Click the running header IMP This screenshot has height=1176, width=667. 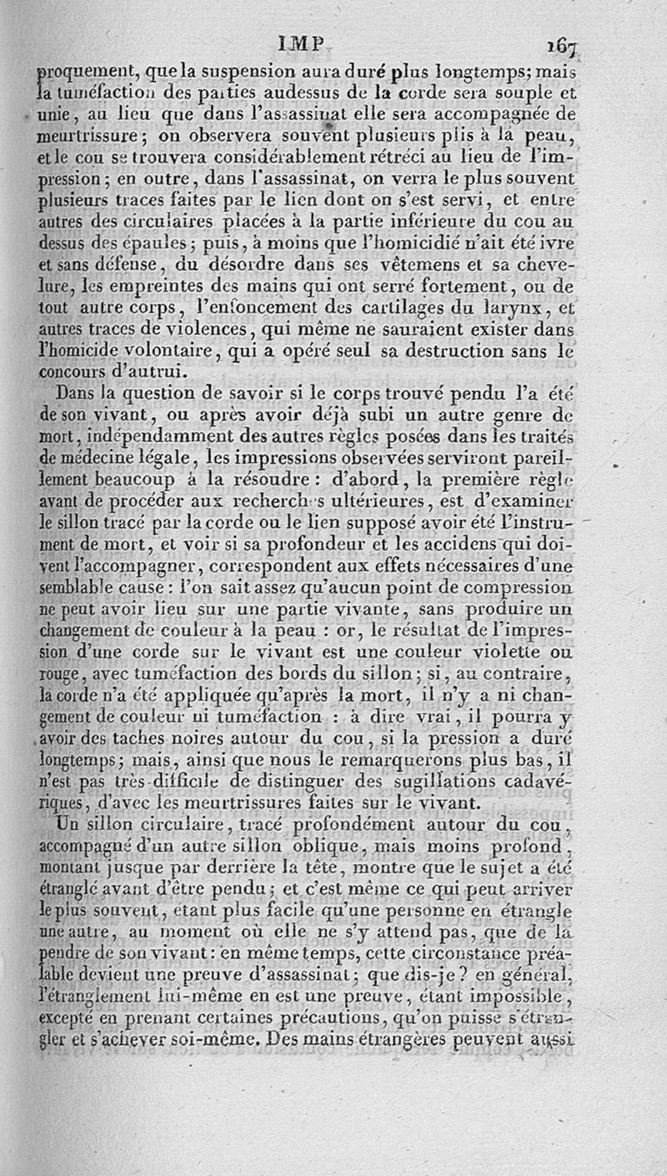pos(307,44)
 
